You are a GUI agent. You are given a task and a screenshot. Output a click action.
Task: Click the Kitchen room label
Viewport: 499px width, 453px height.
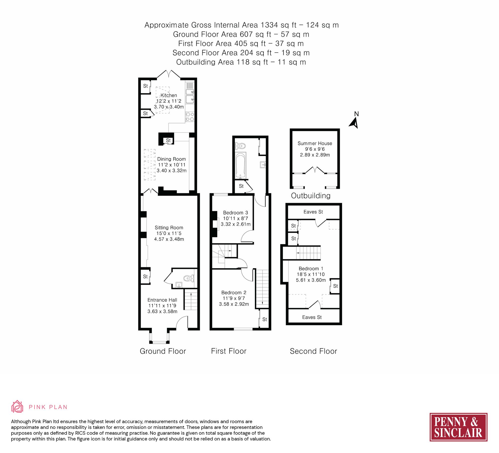pyautogui.click(x=169, y=95)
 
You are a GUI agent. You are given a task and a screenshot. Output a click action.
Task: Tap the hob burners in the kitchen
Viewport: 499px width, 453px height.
pyautogui.click(x=190, y=117)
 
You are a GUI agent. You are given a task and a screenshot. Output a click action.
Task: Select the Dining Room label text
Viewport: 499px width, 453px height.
pyautogui.click(x=171, y=159)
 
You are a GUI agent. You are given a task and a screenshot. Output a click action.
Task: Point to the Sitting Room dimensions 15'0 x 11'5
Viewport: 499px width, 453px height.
pyautogui.click(x=169, y=233)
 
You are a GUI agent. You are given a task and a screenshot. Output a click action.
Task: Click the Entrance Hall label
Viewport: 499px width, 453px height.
pyautogui.click(x=162, y=300)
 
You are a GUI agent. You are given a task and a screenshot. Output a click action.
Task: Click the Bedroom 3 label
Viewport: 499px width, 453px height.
pyautogui.click(x=235, y=213)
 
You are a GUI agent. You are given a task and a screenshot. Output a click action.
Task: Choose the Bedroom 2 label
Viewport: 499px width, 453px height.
pyautogui.click(x=234, y=292)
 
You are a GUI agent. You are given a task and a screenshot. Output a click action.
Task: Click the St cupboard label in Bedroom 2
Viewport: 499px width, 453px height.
pyautogui.click(x=264, y=319)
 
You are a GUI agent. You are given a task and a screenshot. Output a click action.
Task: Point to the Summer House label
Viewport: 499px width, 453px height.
pyautogui.click(x=315, y=143)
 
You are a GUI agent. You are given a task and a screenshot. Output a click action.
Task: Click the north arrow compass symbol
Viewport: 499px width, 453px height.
pyautogui.click(x=354, y=123)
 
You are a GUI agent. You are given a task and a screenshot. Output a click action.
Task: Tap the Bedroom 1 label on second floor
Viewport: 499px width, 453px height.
pyautogui.click(x=311, y=269)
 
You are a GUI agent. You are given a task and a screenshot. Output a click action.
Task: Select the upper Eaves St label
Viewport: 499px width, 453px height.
pyautogui.click(x=313, y=212)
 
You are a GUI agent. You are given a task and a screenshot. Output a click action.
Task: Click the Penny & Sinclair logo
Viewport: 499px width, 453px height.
pyautogui.click(x=458, y=427)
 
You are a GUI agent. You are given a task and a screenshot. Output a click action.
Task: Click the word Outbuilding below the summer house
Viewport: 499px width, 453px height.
pyautogui.click(x=310, y=196)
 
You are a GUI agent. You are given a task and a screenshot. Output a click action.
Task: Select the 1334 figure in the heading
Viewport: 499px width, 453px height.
pyautogui.click(x=269, y=25)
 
